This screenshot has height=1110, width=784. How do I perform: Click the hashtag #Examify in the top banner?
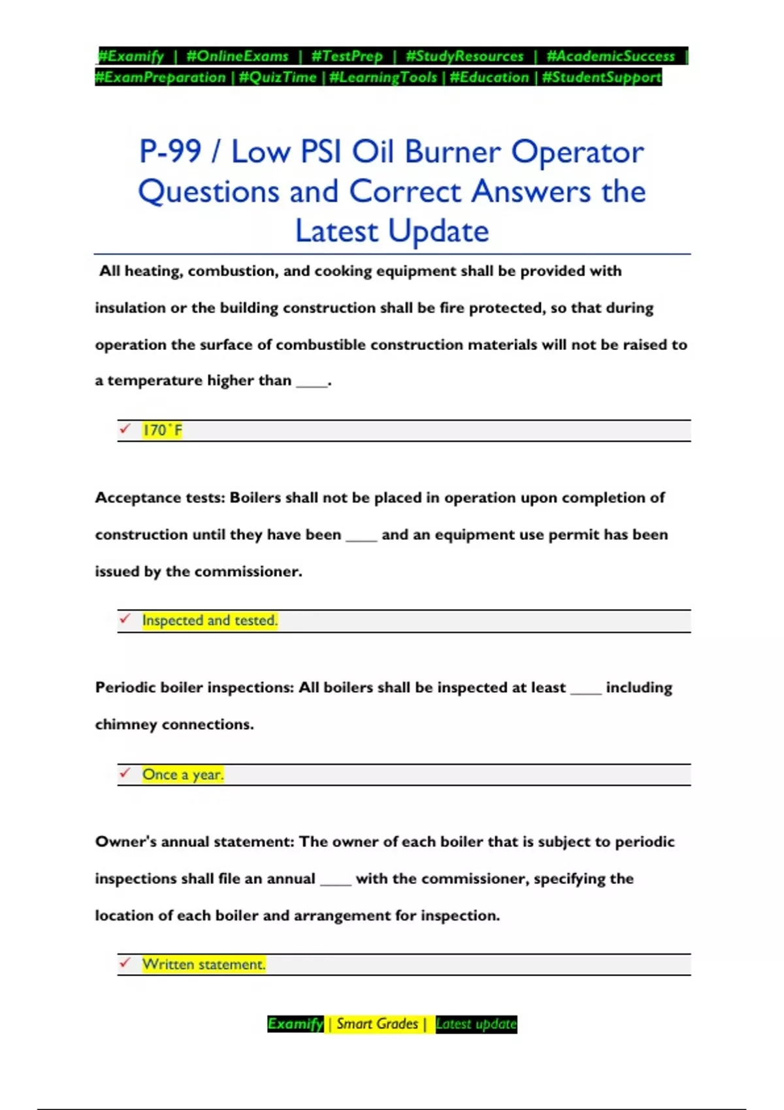click(131, 56)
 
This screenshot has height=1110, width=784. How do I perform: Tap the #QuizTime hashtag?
click(278, 77)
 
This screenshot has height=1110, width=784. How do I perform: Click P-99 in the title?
click(170, 151)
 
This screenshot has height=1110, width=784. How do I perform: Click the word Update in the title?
click(438, 231)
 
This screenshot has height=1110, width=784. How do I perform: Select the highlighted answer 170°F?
click(163, 430)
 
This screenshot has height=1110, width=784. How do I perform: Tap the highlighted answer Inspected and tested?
click(210, 620)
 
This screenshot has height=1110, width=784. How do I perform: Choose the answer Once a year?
click(183, 774)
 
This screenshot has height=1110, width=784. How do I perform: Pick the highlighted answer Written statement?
click(204, 964)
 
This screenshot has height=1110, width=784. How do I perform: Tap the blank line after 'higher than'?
click(312, 383)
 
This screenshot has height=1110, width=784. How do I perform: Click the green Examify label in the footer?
click(295, 1024)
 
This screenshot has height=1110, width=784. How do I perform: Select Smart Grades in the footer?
click(377, 1024)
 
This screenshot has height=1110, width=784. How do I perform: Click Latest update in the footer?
click(476, 1024)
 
